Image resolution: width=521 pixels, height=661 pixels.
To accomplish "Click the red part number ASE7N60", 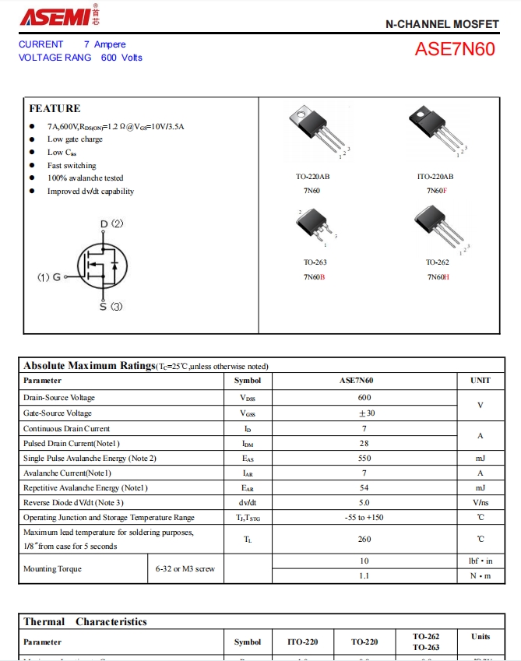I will point(454,49).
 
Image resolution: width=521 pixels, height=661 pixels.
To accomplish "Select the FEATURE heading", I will point(55,108).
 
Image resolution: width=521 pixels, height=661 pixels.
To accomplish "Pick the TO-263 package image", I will point(315,227).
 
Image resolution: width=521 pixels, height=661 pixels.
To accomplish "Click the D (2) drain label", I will point(111,224).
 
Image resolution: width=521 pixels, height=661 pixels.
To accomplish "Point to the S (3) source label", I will point(111,307).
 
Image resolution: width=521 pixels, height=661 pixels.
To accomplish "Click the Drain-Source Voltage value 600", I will point(364,398).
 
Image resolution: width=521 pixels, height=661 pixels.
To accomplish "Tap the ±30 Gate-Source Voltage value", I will point(364,413).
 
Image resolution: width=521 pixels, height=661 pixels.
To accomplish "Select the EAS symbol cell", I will point(248,459).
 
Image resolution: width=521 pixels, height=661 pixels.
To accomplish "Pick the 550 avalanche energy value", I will point(364,459).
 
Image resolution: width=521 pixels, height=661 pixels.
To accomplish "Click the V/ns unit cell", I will point(480,503).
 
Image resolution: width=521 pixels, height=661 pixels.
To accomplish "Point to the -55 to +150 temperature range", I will point(364,518).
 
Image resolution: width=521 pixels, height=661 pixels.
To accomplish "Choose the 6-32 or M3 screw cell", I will point(185,568).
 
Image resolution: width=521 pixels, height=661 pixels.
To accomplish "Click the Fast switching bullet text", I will point(72,165).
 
